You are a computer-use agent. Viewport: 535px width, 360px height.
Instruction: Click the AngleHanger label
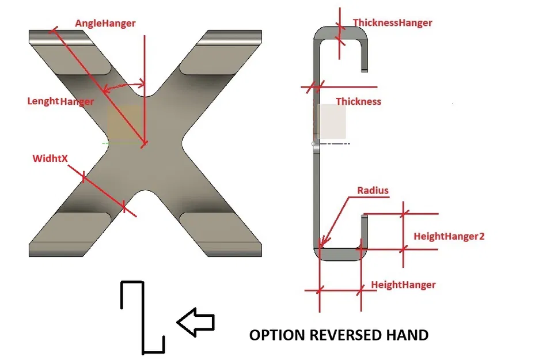click(x=105, y=24)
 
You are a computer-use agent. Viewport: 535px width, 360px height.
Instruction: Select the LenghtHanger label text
click(x=60, y=101)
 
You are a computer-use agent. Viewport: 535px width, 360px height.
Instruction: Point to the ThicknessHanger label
click(x=392, y=23)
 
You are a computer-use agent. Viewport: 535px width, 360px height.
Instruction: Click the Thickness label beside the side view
click(x=358, y=101)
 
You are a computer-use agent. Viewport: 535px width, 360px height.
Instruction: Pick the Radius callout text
click(x=373, y=191)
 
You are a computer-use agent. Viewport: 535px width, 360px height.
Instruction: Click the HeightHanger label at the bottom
click(x=403, y=285)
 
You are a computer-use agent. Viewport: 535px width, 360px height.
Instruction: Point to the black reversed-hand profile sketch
click(x=142, y=317)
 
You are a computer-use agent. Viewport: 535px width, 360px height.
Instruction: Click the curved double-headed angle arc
click(x=123, y=87)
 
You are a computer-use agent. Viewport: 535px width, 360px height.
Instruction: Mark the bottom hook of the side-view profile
click(x=340, y=253)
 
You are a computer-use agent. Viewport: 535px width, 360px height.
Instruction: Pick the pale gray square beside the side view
click(x=332, y=123)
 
